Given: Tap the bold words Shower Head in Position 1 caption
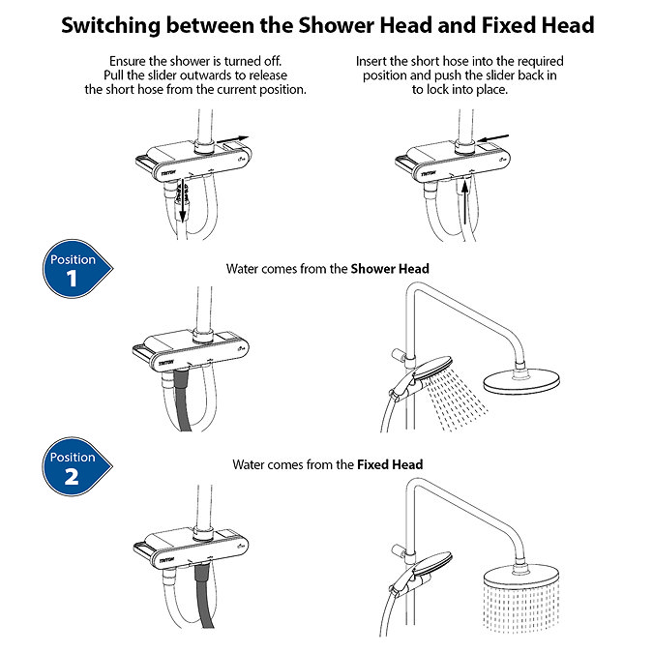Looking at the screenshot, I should tap(389, 268).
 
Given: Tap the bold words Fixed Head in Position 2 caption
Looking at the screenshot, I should tap(390, 464).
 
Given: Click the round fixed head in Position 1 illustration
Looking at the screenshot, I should tap(520, 381).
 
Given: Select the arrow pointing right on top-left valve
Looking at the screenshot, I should tap(238, 139).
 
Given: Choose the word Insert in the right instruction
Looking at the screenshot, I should tap(375, 60).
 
